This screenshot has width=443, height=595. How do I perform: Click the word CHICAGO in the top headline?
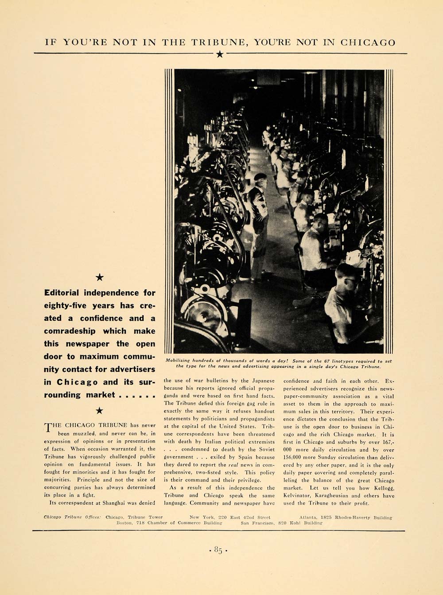click(368, 43)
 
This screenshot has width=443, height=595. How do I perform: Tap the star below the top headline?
click(220, 54)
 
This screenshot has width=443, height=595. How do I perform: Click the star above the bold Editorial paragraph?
click(100, 277)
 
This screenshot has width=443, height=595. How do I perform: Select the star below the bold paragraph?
click(100, 411)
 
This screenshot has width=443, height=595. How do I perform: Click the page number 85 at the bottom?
click(218, 550)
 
